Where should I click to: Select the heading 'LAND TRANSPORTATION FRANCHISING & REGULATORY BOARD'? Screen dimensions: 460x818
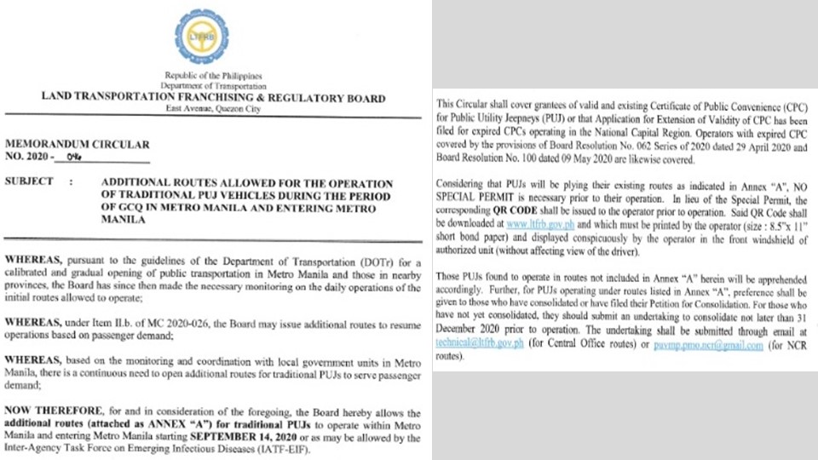[x=213, y=98]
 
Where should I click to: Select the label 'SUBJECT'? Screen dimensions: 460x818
[x=29, y=181]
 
